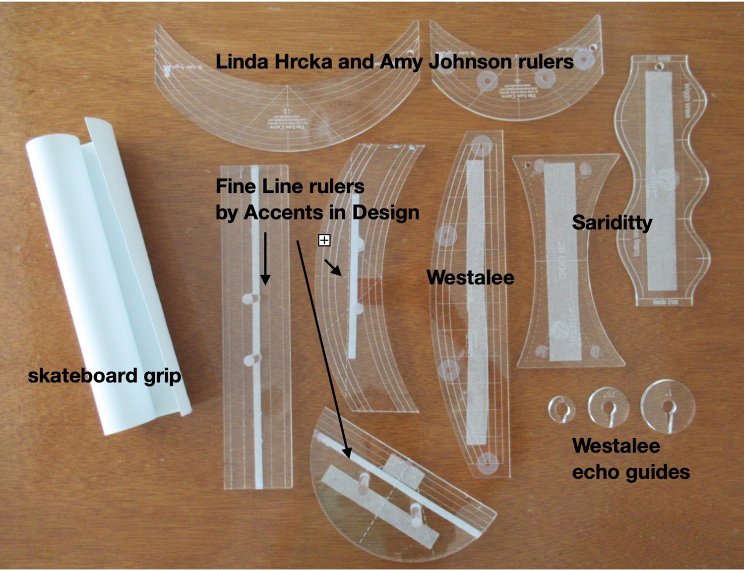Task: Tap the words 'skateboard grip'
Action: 104,376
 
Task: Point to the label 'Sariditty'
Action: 612,223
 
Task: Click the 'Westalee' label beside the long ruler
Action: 470,278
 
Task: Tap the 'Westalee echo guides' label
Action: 630,459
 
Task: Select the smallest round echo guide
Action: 561,409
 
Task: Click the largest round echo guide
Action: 668,406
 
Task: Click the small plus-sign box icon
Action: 324,240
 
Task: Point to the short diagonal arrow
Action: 333,267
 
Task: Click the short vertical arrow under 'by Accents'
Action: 265,258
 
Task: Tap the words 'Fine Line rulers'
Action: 290,187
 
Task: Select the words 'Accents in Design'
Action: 331,213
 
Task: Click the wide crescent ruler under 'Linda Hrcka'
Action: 285,107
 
